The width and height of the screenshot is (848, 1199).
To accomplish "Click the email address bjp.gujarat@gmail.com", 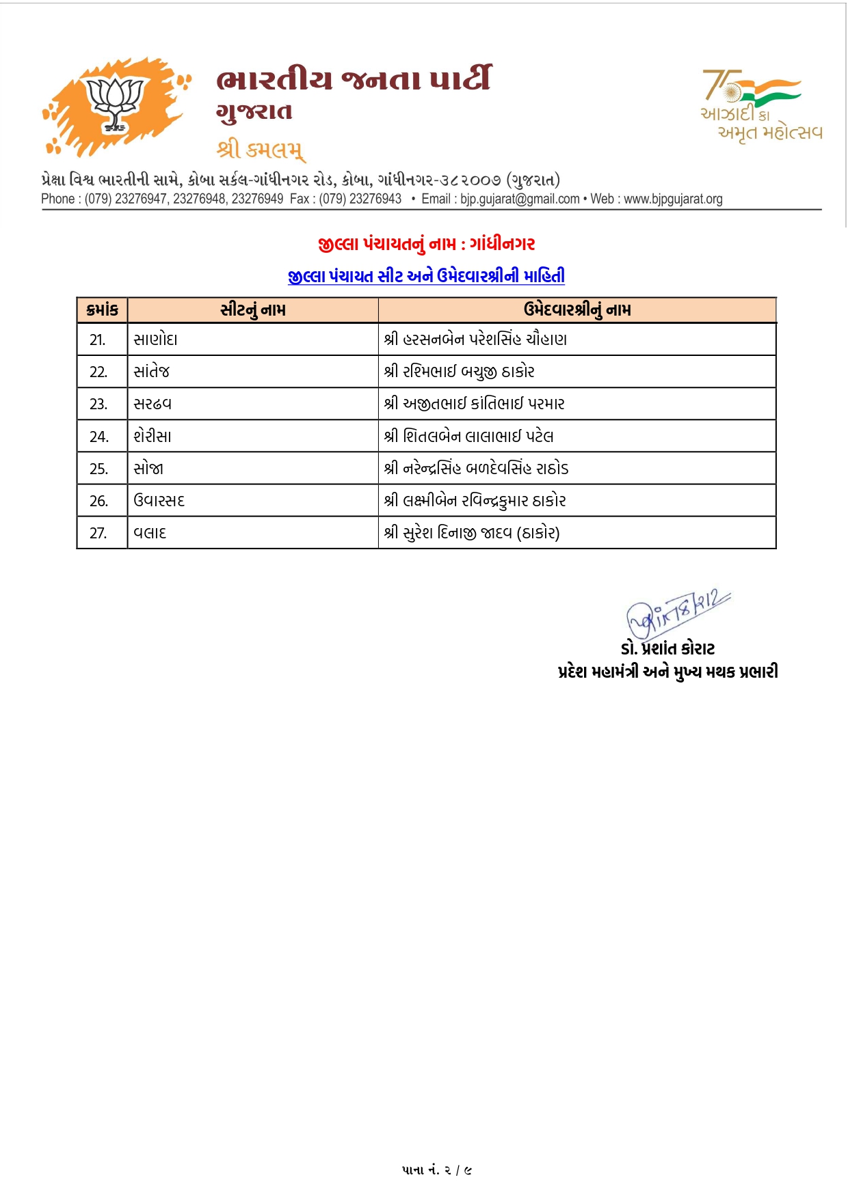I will pyautogui.click(x=520, y=199).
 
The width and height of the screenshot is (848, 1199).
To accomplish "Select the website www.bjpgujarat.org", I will pyautogui.click(x=673, y=199).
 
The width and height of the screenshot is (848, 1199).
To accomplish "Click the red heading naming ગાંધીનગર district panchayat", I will pyautogui.click(x=426, y=244).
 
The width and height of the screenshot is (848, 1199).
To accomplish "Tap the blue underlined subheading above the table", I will pyautogui.click(x=426, y=276).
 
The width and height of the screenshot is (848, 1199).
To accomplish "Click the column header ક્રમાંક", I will pyautogui.click(x=103, y=310).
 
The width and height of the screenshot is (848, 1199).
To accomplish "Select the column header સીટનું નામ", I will pyautogui.click(x=253, y=310).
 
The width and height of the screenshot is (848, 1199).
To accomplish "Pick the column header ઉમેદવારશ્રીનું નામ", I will pyautogui.click(x=577, y=310).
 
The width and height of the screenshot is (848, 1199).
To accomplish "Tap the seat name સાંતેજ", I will pyautogui.click(x=152, y=372).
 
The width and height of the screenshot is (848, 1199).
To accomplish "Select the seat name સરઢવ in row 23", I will pyautogui.click(x=153, y=404).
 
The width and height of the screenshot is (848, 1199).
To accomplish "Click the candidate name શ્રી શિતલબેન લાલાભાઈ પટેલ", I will pyautogui.click(x=469, y=436).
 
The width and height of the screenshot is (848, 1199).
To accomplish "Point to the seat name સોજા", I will pyautogui.click(x=148, y=469).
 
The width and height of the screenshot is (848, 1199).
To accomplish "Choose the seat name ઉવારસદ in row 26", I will pyautogui.click(x=159, y=501).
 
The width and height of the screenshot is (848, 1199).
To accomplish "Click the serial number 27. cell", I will pyautogui.click(x=98, y=533).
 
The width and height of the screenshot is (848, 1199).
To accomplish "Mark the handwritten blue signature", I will pyautogui.click(x=677, y=612).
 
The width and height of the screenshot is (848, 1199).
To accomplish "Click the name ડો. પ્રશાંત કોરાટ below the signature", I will pyautogui.click(x=667, y=648).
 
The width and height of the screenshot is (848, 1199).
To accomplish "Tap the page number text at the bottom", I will pyautogui.click(x=437, y=1170).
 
